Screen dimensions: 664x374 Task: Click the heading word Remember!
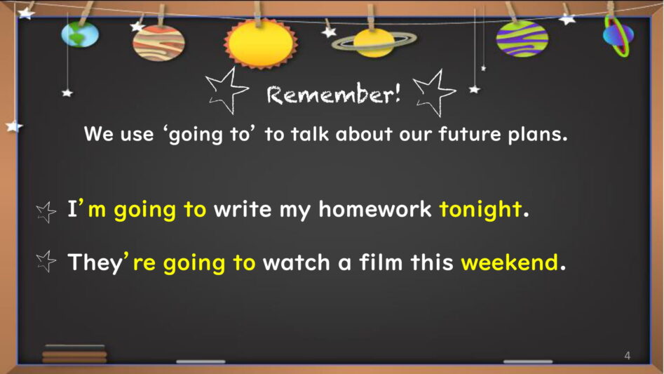tap(333, 93)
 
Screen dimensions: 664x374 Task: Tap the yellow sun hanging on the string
tap(260, 43)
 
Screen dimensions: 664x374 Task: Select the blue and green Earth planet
tap(80, 34)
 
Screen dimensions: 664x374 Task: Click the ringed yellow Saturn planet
tap(374, 42)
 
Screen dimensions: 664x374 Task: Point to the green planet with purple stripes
tap(522, 39)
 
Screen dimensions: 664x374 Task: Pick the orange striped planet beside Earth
tap(158, 43)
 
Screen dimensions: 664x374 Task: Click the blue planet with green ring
tap(618, 36)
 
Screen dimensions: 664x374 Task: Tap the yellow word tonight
tap(480, 210)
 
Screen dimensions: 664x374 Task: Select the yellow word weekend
tap(510, 262)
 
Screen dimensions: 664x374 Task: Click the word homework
tap(374, 209)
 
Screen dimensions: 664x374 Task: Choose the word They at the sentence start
tap(95, 263)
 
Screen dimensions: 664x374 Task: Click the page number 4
tap(627, 356)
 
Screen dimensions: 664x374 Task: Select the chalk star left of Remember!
tap(226, 91)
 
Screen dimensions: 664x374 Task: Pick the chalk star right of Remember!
tap(435, 93)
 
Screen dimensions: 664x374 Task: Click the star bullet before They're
tap(46, 261)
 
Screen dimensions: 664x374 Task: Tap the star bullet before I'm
tap(46, 212)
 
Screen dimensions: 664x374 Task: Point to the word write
tap(242, 209)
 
